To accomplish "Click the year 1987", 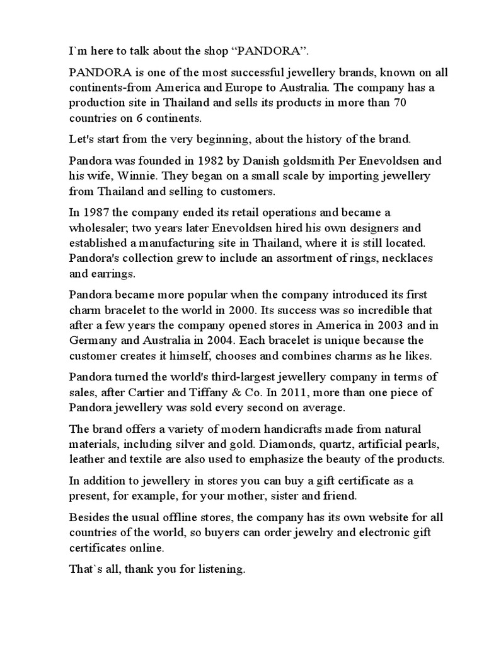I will (x=96, y=213).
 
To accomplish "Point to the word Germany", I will (x=95, y=341).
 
